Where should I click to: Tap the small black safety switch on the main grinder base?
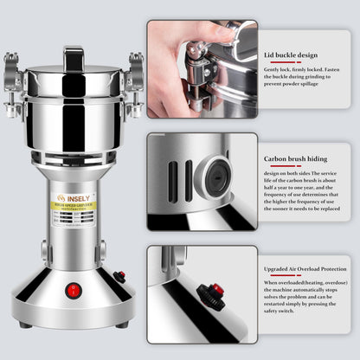coord(119,277)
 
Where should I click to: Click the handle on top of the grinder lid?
coord(74,59)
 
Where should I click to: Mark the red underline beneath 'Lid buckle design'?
coord(277,63)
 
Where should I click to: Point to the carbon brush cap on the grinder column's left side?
coord(42,251)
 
